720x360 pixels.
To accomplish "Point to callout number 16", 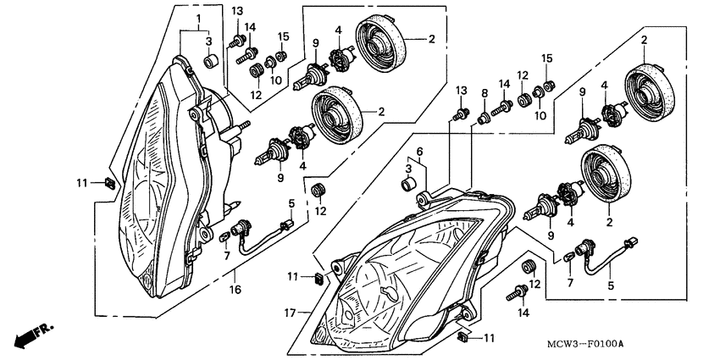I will (x=235, y=290).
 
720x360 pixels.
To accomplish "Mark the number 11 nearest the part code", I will (x=489, y=338).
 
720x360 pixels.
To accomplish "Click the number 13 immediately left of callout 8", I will (x=462, y=91).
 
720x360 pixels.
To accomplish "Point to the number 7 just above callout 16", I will (x=226, y=255).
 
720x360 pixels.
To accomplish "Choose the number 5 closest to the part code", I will (x=608, y=286).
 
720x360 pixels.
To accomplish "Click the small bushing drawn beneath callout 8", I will (x=485, y=118).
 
